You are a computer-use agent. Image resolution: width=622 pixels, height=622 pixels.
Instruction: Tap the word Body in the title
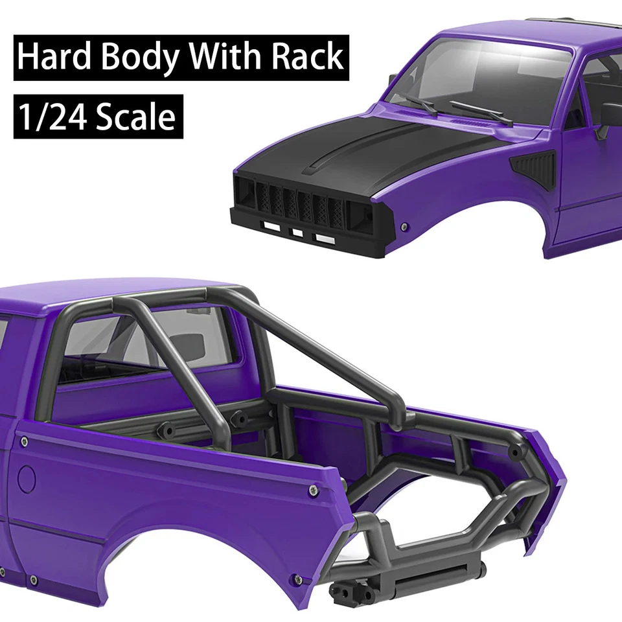pos(142,58)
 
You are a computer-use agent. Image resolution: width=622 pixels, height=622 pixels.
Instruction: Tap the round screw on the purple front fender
pos(405,227)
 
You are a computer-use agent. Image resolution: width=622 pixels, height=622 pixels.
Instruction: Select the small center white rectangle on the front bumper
pos(297,232)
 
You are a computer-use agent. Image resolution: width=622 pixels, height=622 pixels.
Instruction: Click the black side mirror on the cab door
pos(609,117)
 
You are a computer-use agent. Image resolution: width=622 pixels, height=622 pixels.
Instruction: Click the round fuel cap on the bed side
pos(27,479)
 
